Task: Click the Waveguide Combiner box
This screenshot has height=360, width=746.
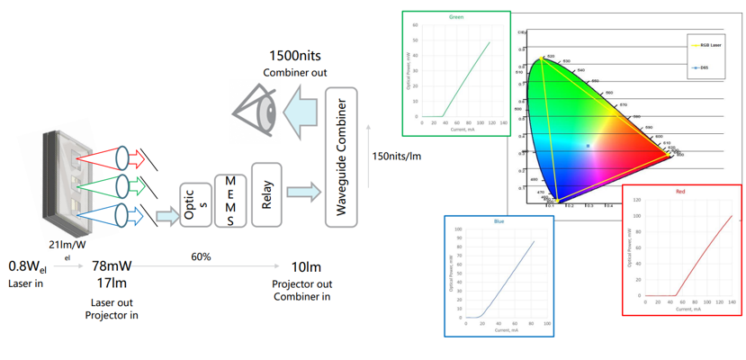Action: (x=341, y=157)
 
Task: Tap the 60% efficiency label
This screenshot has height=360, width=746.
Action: (x=202, y=256)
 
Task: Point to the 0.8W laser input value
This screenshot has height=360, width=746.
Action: (x=30, y=266)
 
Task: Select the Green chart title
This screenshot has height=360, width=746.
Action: (x=456, y=17)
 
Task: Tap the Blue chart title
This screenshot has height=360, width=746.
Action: (x=499, y=220)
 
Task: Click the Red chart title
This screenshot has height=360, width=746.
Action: (x=680, y=192)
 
